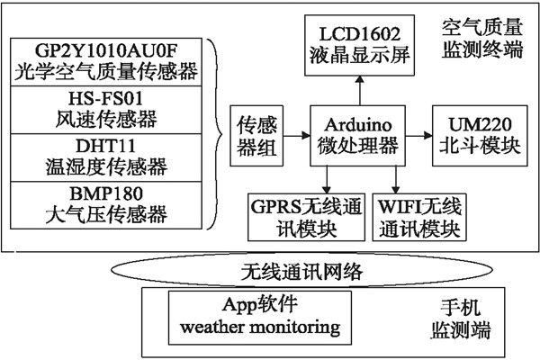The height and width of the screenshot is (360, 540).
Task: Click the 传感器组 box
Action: pyautogui.click(x=256, y=134)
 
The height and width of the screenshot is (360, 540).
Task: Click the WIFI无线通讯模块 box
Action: pyautogui.click(x=418, y=217)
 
